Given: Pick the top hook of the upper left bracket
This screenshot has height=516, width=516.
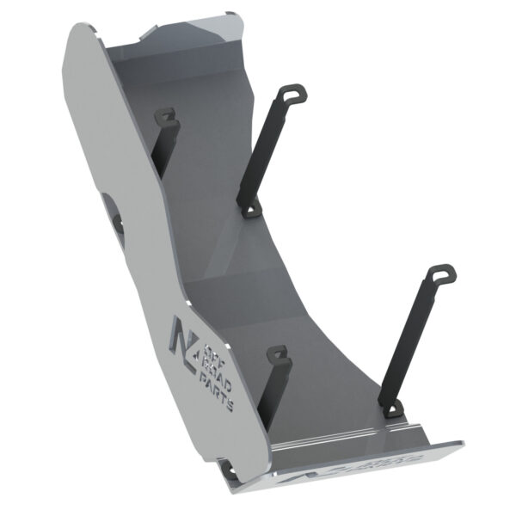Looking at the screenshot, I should pyautogui.click(x=166, y=116).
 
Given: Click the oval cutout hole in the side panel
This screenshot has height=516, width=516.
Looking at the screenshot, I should pyautogui.click(x=109, y=207).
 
